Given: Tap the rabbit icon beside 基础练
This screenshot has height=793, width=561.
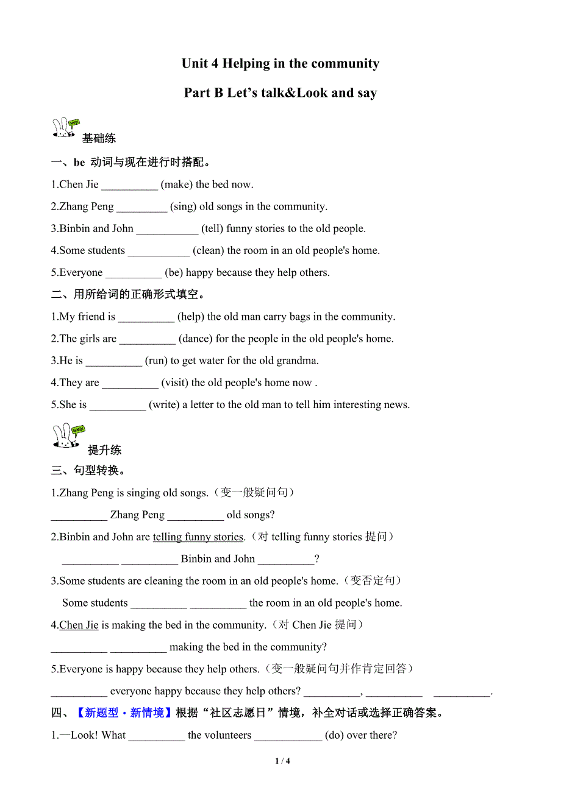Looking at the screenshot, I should pos(66,129).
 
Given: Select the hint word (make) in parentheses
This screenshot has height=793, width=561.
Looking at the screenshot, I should pos(176,185).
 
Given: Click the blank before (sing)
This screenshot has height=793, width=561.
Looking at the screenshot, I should pos(141,207).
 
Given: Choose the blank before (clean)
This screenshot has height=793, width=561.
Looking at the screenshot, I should pos(159,251).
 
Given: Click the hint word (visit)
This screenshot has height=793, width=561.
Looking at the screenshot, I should pos(175,383).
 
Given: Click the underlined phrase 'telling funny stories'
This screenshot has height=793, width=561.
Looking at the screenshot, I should pos(198,537).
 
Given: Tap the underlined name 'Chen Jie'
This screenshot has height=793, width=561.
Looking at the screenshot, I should pos(79,625).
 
